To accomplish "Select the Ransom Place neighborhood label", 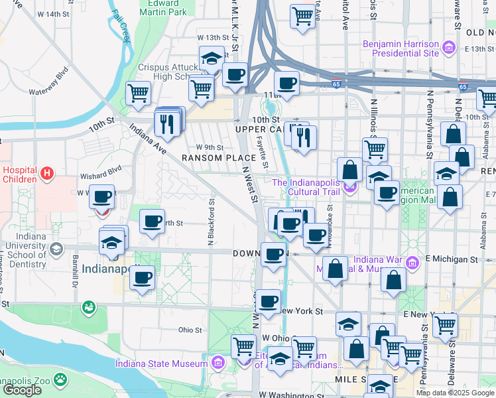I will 219,158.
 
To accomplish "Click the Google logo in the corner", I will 22,390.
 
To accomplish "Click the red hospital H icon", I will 46,174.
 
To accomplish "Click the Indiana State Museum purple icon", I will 217,363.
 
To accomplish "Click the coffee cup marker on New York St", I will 268,302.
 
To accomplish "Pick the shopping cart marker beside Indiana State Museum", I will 243,346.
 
